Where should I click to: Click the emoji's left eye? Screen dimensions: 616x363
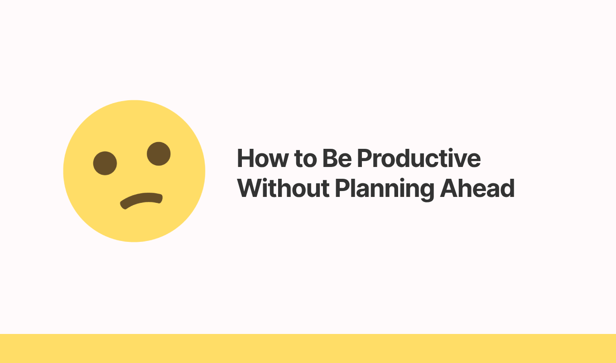(105, 163)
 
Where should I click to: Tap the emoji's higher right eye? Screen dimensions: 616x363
(159, 154)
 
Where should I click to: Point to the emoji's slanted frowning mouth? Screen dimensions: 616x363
(141, 201)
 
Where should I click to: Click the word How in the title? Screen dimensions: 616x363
(263, 158)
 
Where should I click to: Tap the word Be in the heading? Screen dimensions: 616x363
(337, 158)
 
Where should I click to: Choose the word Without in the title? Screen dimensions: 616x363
(283, 188)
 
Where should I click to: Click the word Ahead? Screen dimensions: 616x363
(477, 188)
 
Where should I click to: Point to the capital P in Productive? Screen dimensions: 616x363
(365, 158)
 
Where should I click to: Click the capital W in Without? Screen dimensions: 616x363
(249, 188)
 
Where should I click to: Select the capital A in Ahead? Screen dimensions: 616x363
(449, 188)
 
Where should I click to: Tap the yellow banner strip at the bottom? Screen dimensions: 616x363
(308, 348)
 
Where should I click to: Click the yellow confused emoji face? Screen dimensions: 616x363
(134, 171)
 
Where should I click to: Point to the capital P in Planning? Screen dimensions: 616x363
(342, 188)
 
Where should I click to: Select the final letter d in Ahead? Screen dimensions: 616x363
(507, 188)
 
